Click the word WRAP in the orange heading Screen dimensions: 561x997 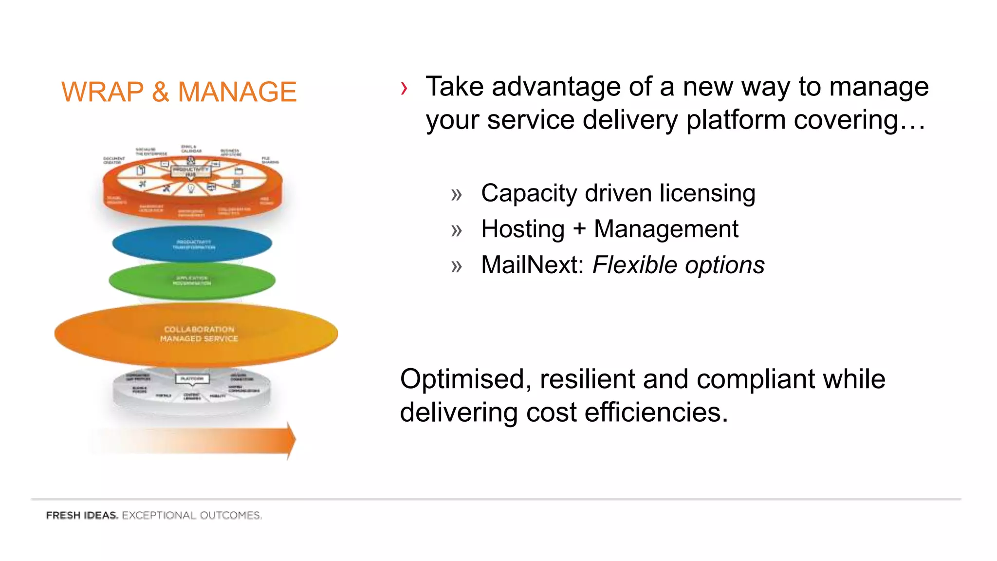point(102,92)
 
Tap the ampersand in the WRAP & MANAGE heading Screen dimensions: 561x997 point(161,92)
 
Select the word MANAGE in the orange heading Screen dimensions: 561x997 point(237,92)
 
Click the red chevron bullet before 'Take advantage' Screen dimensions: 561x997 point(404,89)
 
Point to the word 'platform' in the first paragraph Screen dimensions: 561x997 point(736,120)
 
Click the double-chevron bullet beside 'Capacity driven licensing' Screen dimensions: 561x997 point(456,195)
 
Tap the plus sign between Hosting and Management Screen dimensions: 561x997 point(579,229)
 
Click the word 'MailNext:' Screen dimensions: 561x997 point(532,265)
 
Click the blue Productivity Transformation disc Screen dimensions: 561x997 point(192,243)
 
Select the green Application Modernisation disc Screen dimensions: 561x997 point(192,281)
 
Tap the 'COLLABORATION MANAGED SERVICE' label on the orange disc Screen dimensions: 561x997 point(199,334)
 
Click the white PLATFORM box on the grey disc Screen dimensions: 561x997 point(192,378)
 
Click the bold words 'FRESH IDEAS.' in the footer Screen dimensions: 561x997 point(82,515)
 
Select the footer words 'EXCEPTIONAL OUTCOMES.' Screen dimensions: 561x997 point(191,515)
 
